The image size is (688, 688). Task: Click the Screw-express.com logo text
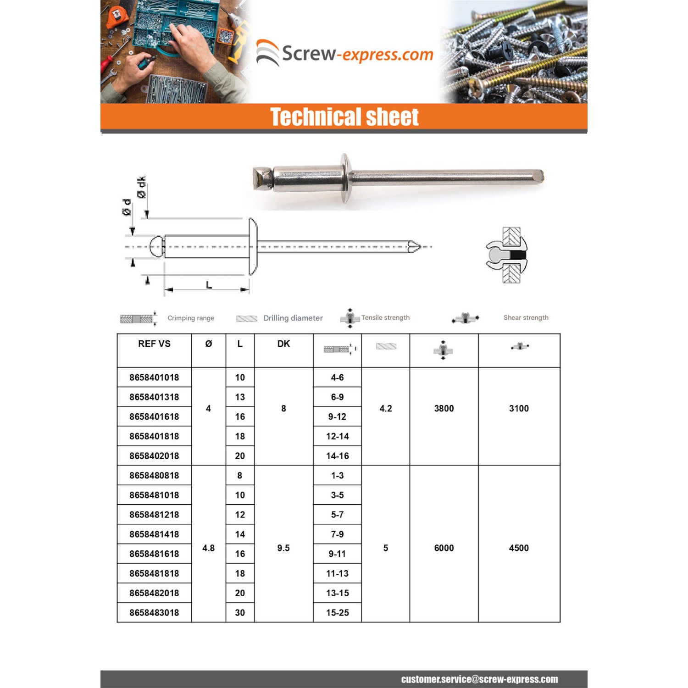[x=357, y=54]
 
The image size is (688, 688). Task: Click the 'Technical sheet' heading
[x=344, y=117]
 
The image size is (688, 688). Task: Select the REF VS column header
[x=154, y=344]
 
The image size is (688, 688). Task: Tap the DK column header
[x=283, y=344]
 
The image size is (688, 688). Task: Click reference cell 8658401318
[x=154, y=397]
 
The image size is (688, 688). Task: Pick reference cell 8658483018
[x=154, y=613]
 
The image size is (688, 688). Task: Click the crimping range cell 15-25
[x=337, y=613]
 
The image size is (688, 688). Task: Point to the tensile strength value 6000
[x=444, y=548]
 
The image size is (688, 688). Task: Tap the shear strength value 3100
[x=519, y=409]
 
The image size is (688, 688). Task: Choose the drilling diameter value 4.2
[x=385, y=409]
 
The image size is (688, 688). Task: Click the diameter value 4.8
[x=208, y=548]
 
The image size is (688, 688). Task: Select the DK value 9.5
[x=283, y=548]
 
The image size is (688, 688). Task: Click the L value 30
[x=240, y=613]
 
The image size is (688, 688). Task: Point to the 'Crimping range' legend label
[x=191, y=318]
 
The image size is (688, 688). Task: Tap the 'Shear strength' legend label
[x=526, y=318]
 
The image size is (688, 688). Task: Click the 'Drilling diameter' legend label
[x=293, y=318]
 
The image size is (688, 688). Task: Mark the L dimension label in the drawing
[x=209, y=285]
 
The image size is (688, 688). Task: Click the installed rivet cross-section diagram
[x=507, y=255]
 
